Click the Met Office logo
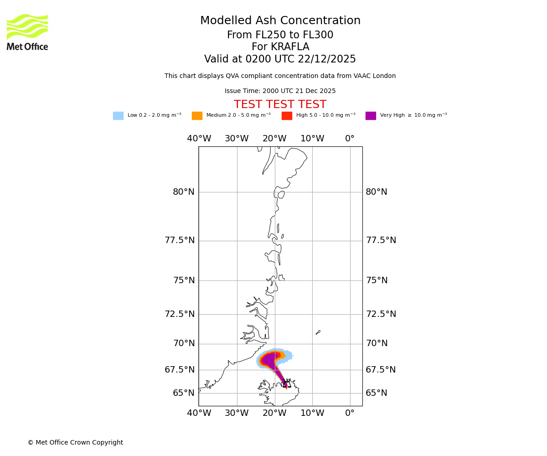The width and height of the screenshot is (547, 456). (27, 32)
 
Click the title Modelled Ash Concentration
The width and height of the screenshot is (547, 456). (280, 21)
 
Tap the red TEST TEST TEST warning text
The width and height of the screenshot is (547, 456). (280, 105)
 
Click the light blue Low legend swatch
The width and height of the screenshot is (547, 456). (118, 116)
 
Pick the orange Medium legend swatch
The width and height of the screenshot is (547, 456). (197, 116)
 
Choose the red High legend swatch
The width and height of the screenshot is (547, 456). (287, 116)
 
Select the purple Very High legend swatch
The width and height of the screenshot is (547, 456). (371, 116)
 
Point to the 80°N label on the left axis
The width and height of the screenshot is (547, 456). (184, 192)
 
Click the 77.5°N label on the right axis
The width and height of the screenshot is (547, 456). (381, 240)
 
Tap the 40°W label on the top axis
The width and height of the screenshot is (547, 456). (199, 139)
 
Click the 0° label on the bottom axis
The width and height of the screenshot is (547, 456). (350, 413)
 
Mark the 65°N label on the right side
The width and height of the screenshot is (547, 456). (376, 393)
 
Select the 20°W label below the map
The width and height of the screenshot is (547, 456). (274, 413)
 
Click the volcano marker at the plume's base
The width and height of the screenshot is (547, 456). (286, 383)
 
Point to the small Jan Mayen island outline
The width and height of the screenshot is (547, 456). (318, 332)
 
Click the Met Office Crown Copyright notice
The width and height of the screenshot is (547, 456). (75, 443)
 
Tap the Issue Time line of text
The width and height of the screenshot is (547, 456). (280, 91)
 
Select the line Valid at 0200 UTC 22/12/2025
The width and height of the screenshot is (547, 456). (280, 59)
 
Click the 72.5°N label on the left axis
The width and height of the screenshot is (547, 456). (180, 314)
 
